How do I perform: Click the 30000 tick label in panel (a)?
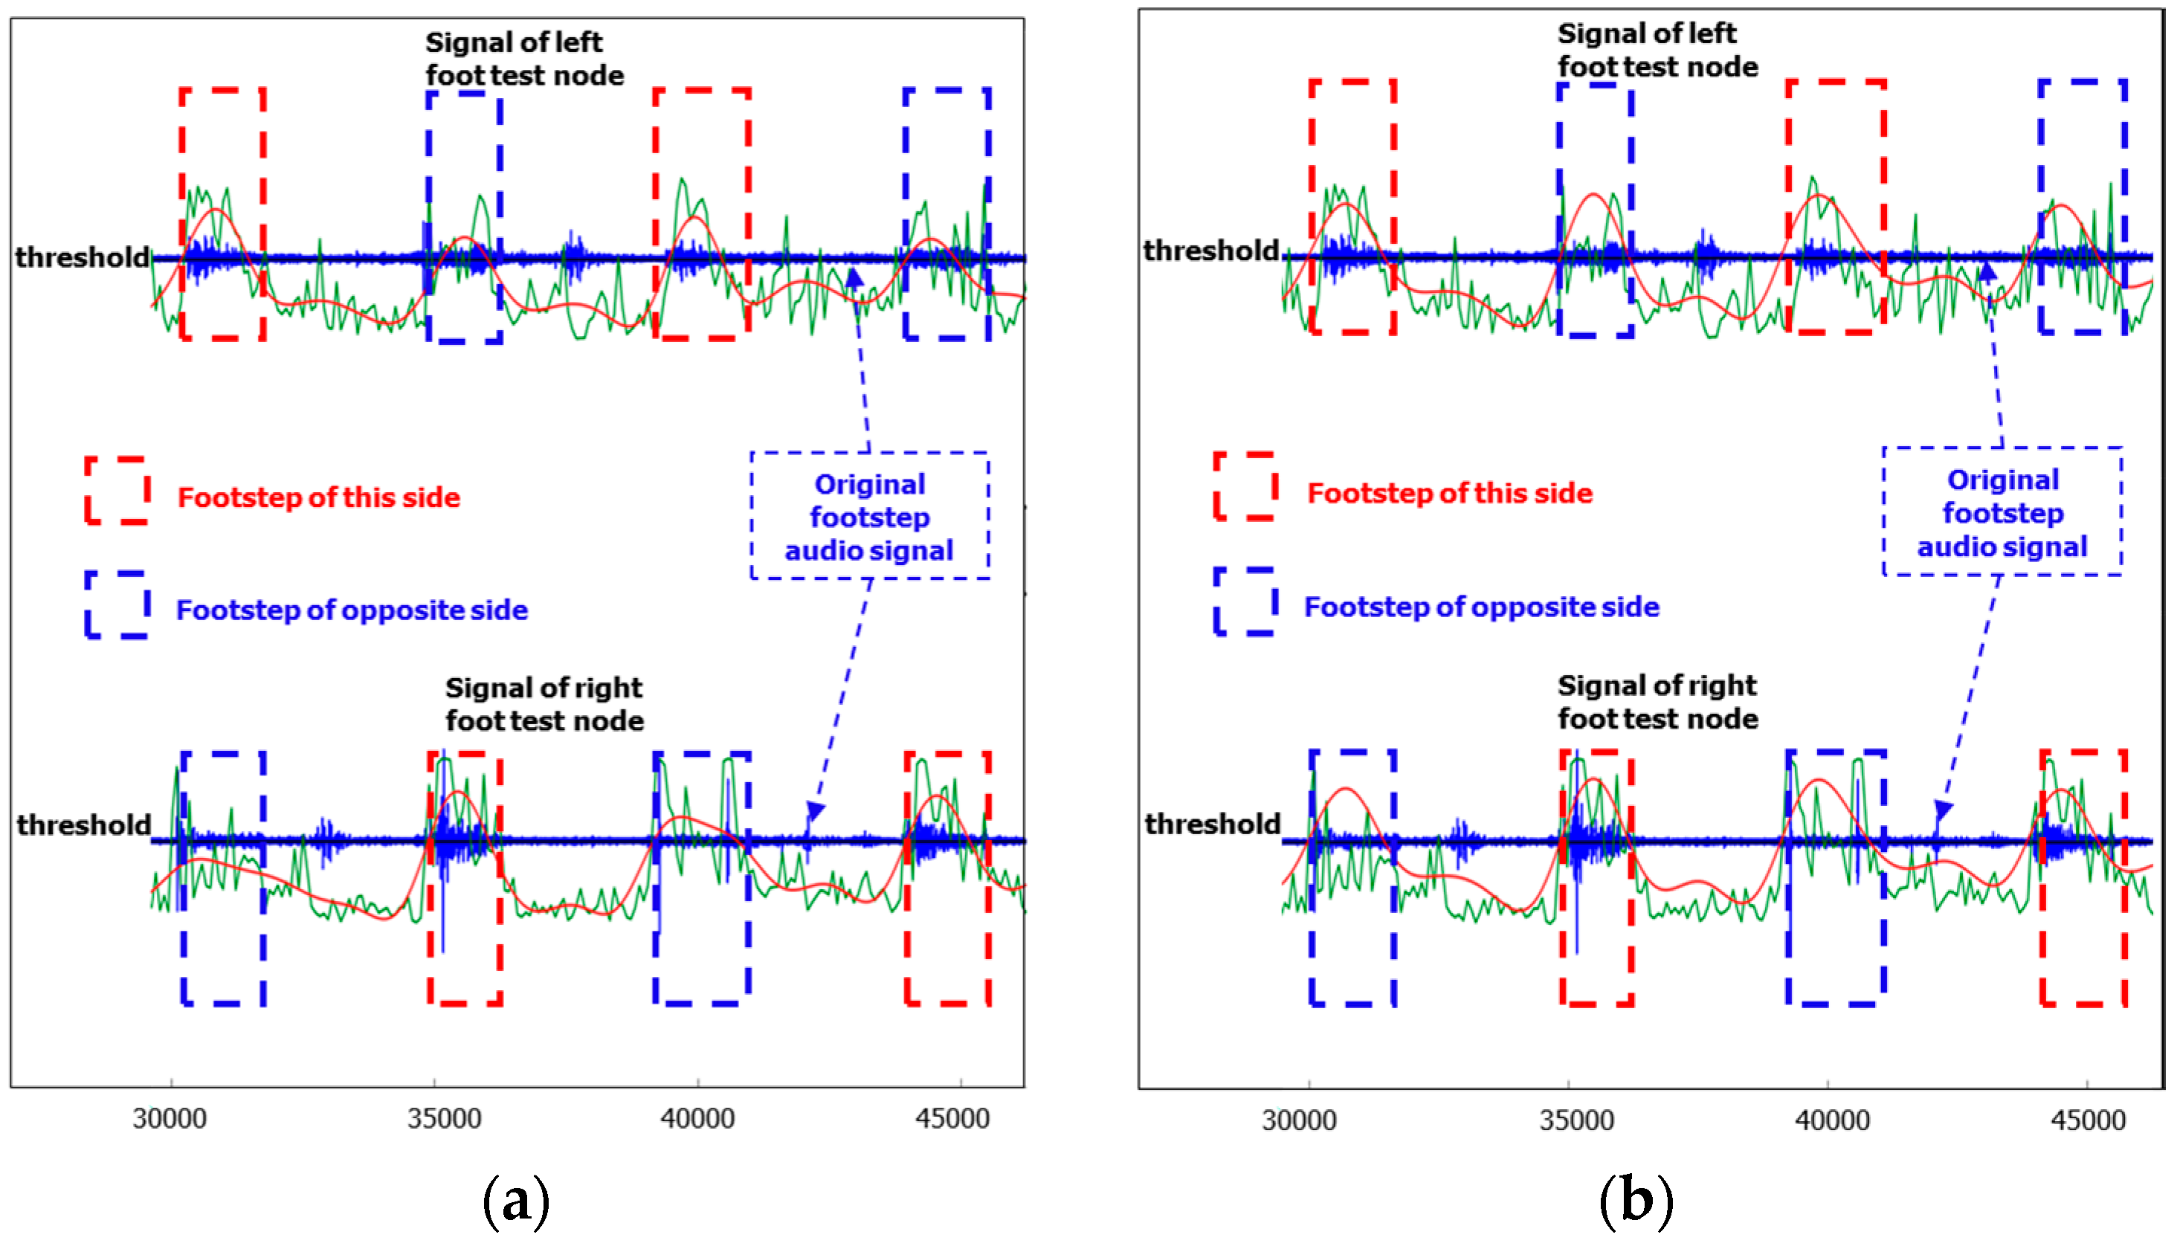click(x=170, y=1119)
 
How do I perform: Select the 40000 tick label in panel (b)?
click(x=1832, y=1120)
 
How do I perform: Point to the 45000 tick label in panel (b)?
click(x=2089, y=1120)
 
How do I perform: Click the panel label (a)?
click(x=515, y=1201)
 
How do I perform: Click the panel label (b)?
click(x=1635, y=1201)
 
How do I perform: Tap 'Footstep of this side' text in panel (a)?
click(x=318, y=497)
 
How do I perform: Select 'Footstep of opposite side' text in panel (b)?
click(x=1481, y=607)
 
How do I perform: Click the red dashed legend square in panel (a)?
click(x=117, y=490)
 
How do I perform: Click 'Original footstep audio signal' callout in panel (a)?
click(x=870, y=517)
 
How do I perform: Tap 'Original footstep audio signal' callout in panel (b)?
click(x=2002, y=513)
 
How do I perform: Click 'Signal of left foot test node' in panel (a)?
click(x=524, y=58)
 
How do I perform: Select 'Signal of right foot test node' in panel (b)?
click(x=1657, y=702)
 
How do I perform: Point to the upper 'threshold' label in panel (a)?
click(x=83, y=257)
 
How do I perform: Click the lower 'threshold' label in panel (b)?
click(x=1212, y=824)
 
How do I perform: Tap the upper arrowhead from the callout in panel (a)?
click(x=854, y=277)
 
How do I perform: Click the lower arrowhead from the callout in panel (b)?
click(x=1943, y=809)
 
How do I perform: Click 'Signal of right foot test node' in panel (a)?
click(x=544, y=704)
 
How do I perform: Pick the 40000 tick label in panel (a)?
click(x=697, y=1119)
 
